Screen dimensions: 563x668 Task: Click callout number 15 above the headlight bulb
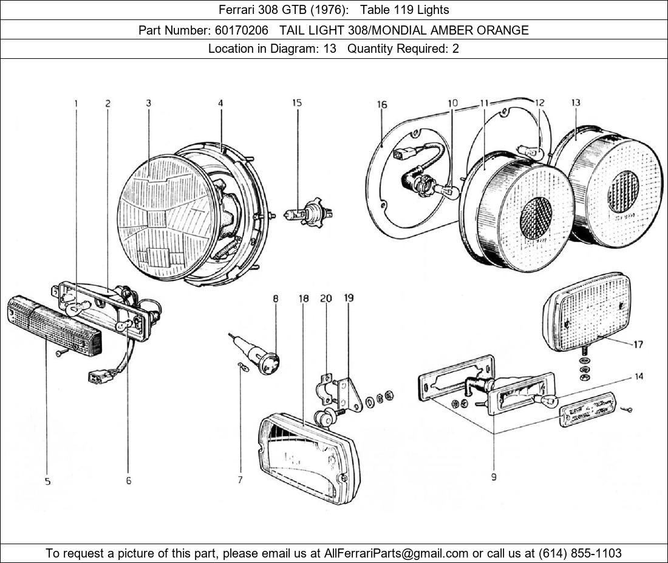297,103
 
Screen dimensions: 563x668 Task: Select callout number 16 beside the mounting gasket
381,105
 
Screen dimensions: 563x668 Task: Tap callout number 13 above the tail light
575,103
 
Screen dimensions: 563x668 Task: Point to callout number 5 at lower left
47,481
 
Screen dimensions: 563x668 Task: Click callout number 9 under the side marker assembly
494,477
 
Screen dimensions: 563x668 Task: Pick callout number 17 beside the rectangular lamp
638,345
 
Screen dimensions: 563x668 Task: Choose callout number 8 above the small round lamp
276,298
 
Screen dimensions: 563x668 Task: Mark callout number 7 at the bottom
240,480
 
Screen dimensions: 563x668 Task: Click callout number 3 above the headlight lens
148,103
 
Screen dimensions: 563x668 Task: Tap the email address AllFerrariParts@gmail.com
397,553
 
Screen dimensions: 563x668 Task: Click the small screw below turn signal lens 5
58,352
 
